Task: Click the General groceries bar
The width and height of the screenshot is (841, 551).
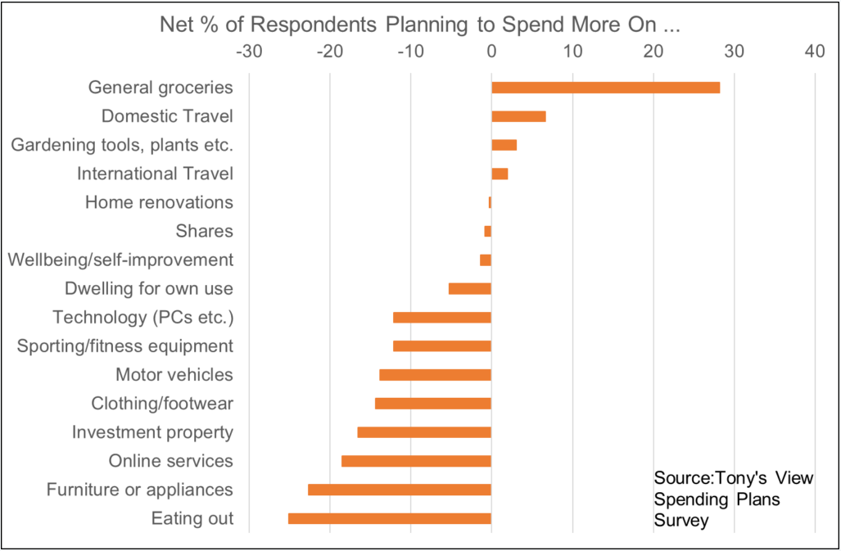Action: pyautogui.click(x=605, y=88)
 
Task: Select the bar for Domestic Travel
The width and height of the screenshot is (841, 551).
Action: pyautogui.click(x=518, y=116)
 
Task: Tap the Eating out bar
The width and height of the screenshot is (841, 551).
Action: pyautogui.click(x=390, y=518)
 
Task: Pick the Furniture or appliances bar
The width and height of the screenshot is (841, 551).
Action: pyautogui.click(x=400, y=490)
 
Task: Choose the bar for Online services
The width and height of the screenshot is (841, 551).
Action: pyautogui.click(x=416, y=461)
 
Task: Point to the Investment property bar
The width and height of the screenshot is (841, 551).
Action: pyautogui.click(x=424, y=432)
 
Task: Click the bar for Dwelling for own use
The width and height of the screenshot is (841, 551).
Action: pyautogui.click(x=470, y=288)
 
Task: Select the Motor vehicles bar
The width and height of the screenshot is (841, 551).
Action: pyautogui.click(x=435, y=375)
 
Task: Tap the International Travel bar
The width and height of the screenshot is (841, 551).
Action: pyautogui.click(x=500, y=174)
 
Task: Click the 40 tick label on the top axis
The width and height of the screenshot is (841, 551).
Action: pyautogui.click(x=814, y=52)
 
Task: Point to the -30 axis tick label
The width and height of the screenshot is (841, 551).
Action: pyautogui.click(x=248, y=52)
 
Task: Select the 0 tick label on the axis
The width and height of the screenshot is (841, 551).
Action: pyautogui.click(x=491, y=52)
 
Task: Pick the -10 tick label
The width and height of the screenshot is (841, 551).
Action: pyautogui.click(x=409, y=52)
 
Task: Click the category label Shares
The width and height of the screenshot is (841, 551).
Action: pyautogui.click(x=204, y=231)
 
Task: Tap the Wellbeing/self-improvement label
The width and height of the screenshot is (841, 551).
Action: pyautogui.click(x=120, y=260)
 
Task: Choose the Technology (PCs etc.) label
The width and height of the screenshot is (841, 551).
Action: pyautogui.click(x=142, y=317)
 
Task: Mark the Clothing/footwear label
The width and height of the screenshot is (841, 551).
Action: pyautogui.click(x=162, y=404)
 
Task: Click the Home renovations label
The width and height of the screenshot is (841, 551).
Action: pyautogui.click(x=159, y=202)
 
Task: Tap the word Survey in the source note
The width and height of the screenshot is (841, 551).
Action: pyautogui.click(x=681, y=520)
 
